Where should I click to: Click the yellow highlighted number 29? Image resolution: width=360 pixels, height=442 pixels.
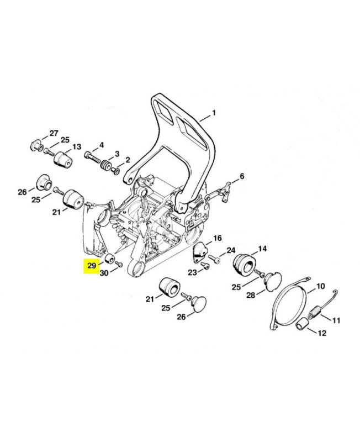coord(91,266)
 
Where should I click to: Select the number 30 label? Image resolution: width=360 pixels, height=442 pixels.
coord(104,272)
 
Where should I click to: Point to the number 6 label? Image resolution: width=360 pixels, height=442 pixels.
coord(241,177)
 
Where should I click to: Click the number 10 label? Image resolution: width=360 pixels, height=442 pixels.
coord(320,287)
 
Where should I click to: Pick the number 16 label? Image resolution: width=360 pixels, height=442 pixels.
coord(218,238)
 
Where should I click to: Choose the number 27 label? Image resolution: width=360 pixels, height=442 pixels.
coord(54,133)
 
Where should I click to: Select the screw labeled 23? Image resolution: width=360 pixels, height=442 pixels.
coord(205,268)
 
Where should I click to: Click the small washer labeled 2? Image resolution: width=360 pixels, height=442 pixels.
coord(116,171)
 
